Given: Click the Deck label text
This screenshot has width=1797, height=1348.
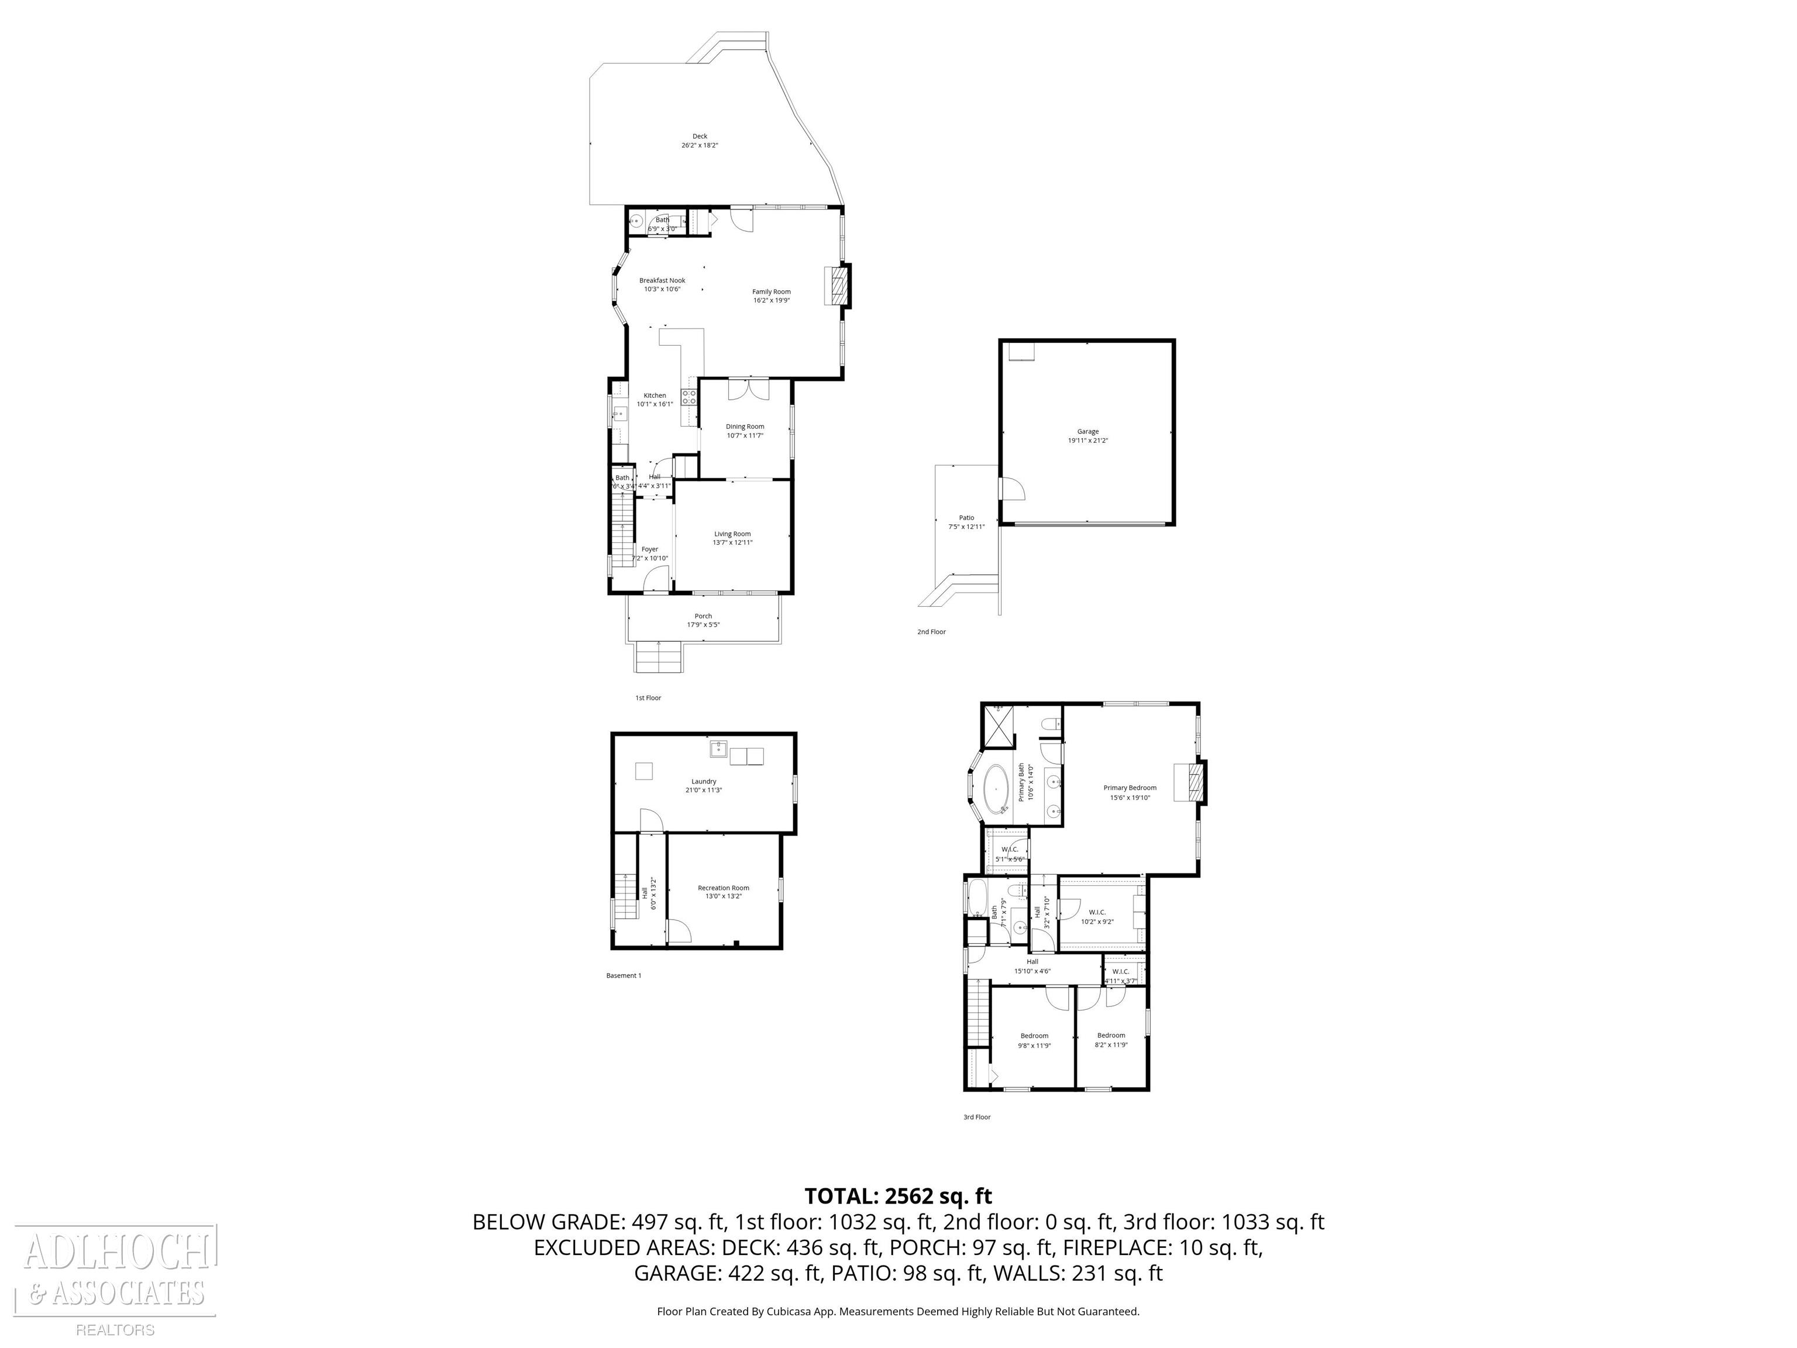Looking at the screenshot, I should coord(700,136).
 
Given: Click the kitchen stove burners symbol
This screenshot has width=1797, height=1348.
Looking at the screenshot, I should coord(689,397).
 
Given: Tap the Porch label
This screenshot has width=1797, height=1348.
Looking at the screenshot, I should coord(703,616).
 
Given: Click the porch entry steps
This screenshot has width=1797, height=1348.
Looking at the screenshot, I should coord(659,656).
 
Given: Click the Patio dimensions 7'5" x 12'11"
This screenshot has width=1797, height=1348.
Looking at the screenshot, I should coord(966,527).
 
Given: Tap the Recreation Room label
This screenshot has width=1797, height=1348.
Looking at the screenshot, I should coord(723,888).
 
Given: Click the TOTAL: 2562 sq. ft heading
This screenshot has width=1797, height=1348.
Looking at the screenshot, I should coord(898,1196).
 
